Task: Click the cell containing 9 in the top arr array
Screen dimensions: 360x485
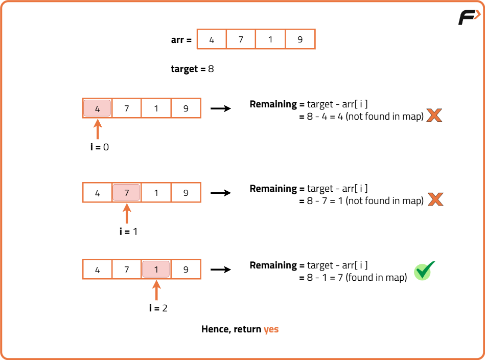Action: click(x=300, y=39)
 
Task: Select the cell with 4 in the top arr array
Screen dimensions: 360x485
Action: click(x=212, y=39)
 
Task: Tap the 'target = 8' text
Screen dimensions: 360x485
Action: click(x=192, y=69)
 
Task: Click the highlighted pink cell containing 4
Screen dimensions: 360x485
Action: click(x=97, y=108)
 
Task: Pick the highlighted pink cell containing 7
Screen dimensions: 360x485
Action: click(x=127, y=193)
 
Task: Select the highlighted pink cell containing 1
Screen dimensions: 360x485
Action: click(x=156, y=269)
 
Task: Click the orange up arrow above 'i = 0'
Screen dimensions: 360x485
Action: click(x=98, y=128)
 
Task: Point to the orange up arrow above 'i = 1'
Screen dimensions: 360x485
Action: click(x=127, y=213)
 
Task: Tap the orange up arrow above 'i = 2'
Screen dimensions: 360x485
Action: click(x=156, y=290)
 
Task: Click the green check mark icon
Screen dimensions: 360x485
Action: click(x=424, y=271)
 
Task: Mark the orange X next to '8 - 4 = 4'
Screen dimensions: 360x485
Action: click(x=434, y=115)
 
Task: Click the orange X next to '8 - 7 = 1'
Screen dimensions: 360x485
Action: click(x=435, y=199)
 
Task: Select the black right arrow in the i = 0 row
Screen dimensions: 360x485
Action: click(x=221, y=108)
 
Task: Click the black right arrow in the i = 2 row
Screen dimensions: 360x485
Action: click(x=221, y=269)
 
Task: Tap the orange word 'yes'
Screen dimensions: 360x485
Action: click(x=271, y=329)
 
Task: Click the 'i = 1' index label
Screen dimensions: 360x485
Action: click(x=128, y=232)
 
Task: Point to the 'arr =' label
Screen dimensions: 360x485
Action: click(x=181, y=40)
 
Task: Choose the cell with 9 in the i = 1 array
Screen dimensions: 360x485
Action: click(x=186, y=193)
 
